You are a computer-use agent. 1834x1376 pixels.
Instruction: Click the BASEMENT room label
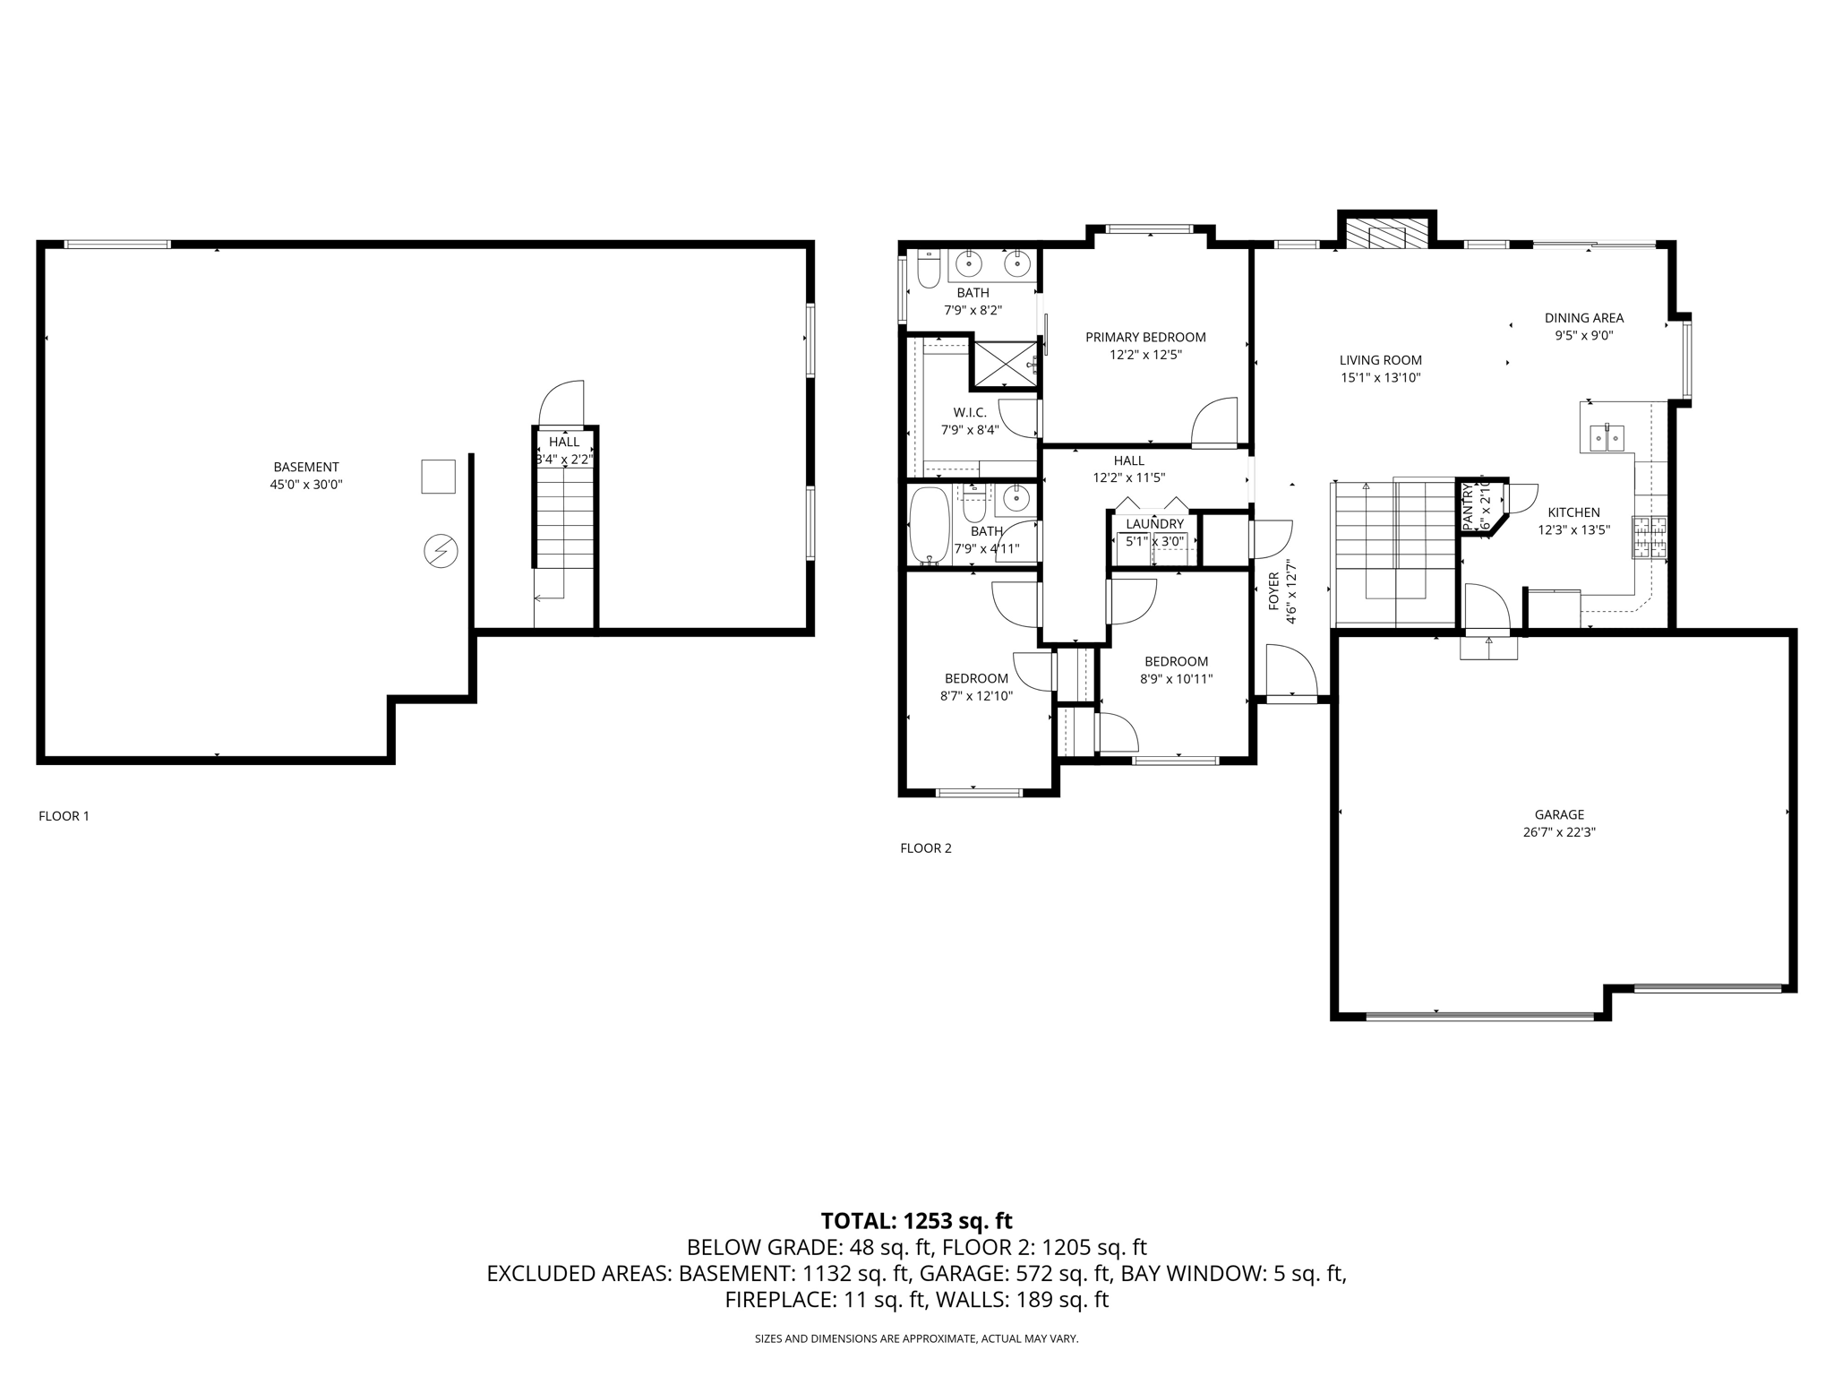tap(306, 467)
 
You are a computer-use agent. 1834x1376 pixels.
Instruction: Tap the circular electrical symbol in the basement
tap(441, 551)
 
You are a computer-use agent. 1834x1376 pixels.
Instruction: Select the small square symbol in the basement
tap(438, 476)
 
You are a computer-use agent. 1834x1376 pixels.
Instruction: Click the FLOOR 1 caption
tap(64, 816)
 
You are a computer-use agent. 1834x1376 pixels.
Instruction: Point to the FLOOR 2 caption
tap(926, 848)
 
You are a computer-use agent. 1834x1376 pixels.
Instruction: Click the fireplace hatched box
tap(1387, 236)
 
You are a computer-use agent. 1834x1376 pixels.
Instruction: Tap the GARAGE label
tap(1559, 814)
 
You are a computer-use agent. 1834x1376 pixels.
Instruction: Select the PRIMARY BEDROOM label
tap(1145, 338)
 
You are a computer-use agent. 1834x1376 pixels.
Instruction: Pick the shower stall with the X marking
tap(1005, 364)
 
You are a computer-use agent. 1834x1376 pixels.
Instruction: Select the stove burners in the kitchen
tap(1650, 537)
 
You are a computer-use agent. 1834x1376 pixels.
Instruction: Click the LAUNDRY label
tap(1154, 524)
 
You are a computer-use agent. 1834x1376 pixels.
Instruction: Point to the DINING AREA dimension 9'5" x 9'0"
tap(1583, 336)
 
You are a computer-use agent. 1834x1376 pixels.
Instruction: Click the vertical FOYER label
tap(1273, 591)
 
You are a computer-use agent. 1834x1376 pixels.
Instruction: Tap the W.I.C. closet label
tap(970, 413)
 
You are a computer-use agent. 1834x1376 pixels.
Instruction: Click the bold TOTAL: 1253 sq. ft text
tap(916, 1221)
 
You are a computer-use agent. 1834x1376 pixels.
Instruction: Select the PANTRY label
tap(1468, 507)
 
